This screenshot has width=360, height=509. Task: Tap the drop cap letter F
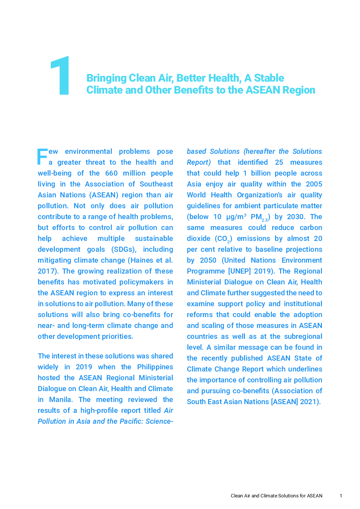tap(42, 157)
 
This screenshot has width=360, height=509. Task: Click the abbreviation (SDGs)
tap(124, 249)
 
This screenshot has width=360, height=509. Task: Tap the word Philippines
tap(155, 367)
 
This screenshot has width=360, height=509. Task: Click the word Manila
tap(60, 399)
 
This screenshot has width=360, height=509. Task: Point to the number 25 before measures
tap(279, 162)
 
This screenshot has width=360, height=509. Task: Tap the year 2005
tap(314, 184)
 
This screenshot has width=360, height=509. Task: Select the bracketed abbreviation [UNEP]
tap(240, 271)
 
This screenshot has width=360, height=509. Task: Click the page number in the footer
tap(341, 496)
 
